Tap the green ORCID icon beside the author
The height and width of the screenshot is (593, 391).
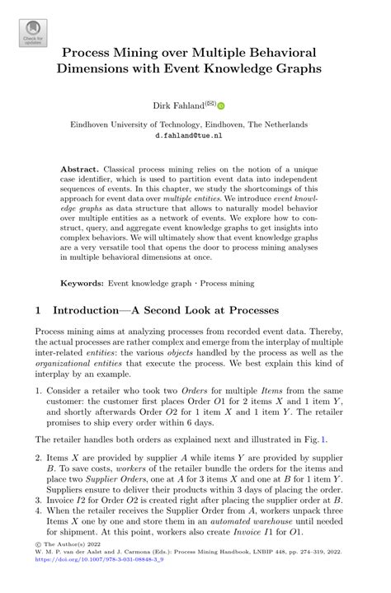coord(221,106)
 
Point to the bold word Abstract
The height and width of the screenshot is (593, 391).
coord(78,168)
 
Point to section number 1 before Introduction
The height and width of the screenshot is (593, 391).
coord(38,312)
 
